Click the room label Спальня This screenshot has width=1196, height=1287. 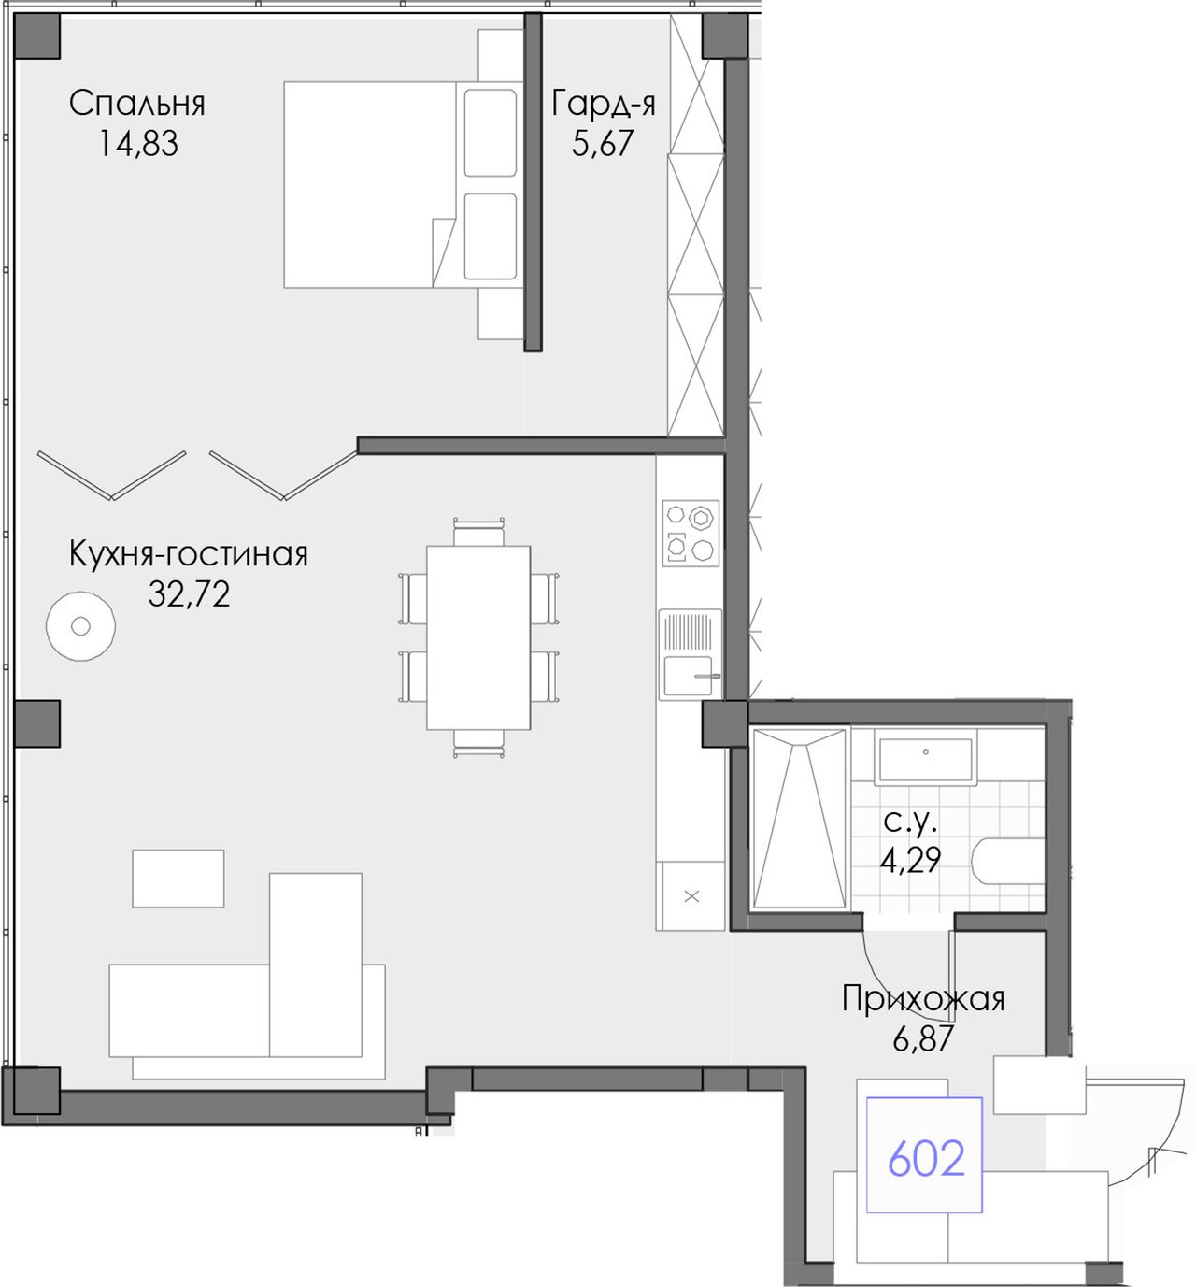[137, 104]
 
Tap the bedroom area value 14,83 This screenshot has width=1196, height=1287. [138, 143]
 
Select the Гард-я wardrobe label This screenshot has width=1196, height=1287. [604, 104]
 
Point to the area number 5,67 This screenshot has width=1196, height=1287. [602, 143]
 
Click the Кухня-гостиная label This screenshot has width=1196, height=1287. [189, 554]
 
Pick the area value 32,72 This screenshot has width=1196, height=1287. [189, 593]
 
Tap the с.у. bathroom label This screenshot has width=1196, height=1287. [910, 822]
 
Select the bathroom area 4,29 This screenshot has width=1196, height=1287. [910, 860]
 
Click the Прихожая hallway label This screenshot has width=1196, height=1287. [923, 999]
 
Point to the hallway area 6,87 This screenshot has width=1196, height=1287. [923, 1038]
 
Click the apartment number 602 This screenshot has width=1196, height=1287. [926, 1158]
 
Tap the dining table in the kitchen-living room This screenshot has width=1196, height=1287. [478, 637]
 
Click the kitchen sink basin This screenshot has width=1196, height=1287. [688, 676]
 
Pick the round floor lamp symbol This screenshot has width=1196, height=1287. [81, 626]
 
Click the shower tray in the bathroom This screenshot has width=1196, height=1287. [800, 819]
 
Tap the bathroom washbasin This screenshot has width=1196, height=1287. [925, 757]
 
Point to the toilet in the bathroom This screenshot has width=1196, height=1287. [1009, 861]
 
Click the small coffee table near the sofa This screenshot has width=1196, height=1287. [178, 878]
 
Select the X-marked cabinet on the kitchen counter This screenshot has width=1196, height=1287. [691, 896]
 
